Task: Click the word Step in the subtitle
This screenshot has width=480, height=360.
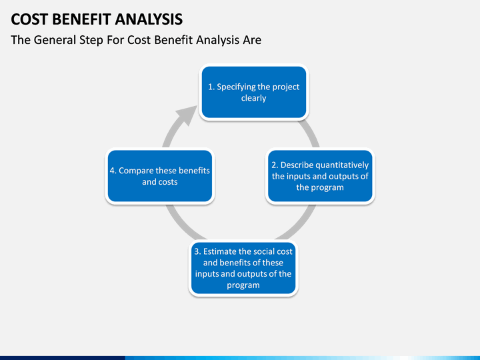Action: (x=91, y=41)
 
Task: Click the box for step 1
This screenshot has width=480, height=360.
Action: (x=254, y=92)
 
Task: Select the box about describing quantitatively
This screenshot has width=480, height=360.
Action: (x=320, y=176)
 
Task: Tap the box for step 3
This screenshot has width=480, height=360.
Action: (x=243, y=268)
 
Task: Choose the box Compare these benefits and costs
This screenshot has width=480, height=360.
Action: (x=160, y=176)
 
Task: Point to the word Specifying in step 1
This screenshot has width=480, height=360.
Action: (x=235, y=87)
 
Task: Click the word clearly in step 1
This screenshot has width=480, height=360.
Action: (x=254, y=99)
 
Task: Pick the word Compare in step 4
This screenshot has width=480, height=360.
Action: (x=132, y=171)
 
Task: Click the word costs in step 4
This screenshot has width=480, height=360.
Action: (x=168, y=182)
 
